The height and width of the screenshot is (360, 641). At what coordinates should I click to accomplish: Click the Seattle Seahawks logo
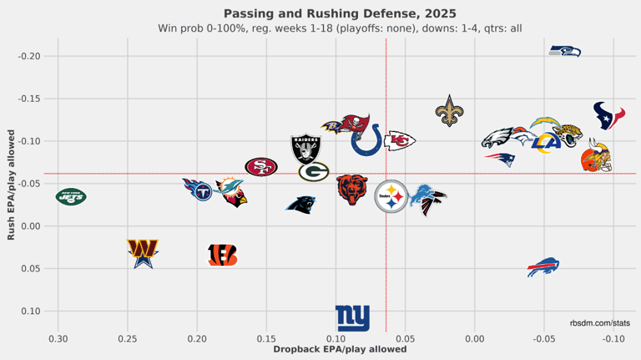pyautogui.click(x=565, y=52)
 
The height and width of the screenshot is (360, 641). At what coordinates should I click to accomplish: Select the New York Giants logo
pyautogui.click(x=352, y=318)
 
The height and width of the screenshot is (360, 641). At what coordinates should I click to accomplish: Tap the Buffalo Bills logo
pyautogui.click(x=543, y=267)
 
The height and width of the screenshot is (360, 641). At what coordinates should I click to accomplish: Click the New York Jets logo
pyautogui.click(x=71, y=197)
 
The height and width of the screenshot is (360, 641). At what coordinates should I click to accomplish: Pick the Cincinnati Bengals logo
pyautogui.click(x=223, y=255)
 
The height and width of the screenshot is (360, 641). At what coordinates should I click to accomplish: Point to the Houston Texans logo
pyautogui.click(x=608, y=115)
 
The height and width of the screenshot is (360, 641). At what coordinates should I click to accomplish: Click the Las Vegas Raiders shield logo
pyautogui.click(x=305, y=149)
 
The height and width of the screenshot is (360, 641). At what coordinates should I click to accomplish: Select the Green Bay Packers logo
pyautogui.click(x=314, y=172)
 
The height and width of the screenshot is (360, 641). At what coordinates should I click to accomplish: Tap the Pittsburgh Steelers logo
pyautogui.click(x=391, y=197)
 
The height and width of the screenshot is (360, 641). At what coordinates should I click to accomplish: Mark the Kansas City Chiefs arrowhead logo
pyautogui.click(x=399, y=141)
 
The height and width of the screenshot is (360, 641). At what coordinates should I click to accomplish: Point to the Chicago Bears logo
pyautogui.click(x=351, y=190)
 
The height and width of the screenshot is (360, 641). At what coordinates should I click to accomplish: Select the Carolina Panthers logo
pyautogui.click(x=300, y=203)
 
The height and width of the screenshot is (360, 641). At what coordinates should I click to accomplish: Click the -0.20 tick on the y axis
pyautogui.click(x=28, y=56)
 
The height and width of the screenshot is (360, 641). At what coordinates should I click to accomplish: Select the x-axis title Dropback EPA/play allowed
pyautogui.click(x=340, y=349)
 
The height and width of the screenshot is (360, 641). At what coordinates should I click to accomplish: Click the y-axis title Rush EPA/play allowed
pyautogui.click(x=11, y=184)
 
